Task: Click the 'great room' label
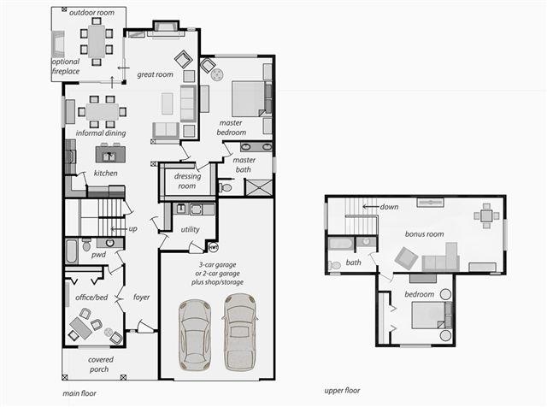pos(156,74)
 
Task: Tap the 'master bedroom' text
pos(232,127)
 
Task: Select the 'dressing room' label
pos(187,181)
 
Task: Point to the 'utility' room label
pos(190,229)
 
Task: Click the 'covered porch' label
pos(101,364)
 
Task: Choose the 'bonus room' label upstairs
pos(424,234)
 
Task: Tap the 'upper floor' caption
pos(342,391)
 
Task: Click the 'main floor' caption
pos(79,393)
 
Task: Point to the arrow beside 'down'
pos(370,207)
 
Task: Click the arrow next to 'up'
pos(119,229)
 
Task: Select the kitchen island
pos(110,155)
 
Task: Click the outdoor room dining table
pos(97,41)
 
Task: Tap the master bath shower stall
pos(258,188)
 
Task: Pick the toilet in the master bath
pos(225,188)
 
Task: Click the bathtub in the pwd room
pos(72,251)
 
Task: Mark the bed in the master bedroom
pos(249,99)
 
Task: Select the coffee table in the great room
pos(168,103)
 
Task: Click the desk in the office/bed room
pos(81,328)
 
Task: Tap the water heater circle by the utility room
pos(213,247)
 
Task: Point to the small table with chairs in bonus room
pos(486,216)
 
